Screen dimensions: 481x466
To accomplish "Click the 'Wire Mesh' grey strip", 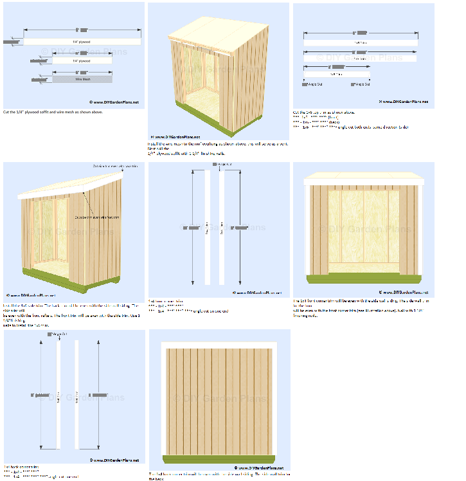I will [82, 79].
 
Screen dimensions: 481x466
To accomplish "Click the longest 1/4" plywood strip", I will [82, 42].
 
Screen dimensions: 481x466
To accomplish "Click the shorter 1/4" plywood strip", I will [81, 60].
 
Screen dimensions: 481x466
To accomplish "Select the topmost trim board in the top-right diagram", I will [360, 42].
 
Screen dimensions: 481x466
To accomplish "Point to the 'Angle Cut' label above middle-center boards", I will [225, 165].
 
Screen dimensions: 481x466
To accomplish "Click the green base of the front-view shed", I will [364, 278].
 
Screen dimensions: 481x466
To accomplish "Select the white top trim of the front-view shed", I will [364, 179].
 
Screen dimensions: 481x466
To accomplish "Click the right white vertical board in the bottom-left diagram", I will [78, 394].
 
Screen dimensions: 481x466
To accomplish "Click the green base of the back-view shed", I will [220, 458].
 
